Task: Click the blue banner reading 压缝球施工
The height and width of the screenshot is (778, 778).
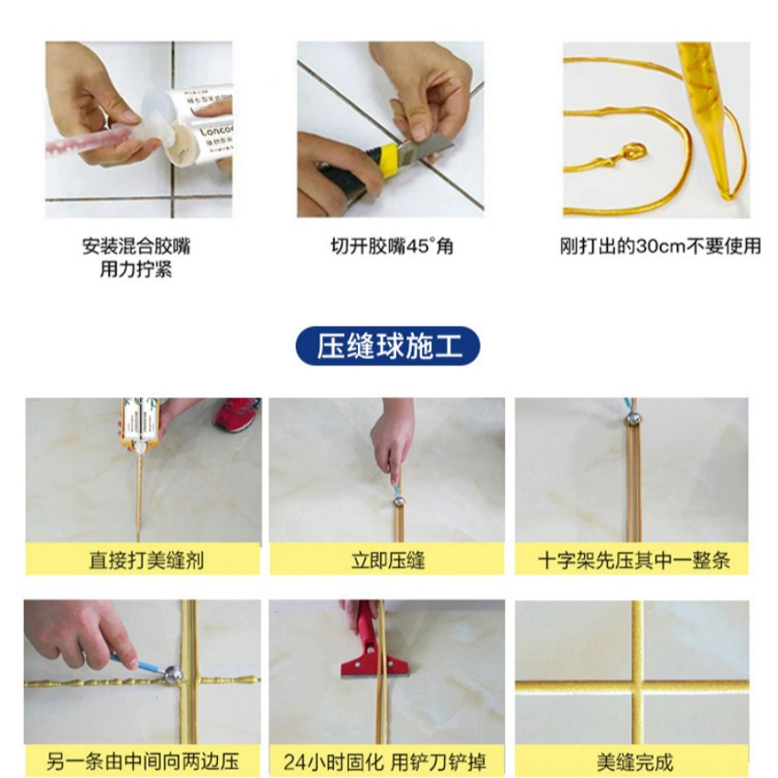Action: pos(388,347)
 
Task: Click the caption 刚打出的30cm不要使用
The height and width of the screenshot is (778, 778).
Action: pos(660,247)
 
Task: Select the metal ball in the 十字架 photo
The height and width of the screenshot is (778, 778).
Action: pos(632,416)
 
